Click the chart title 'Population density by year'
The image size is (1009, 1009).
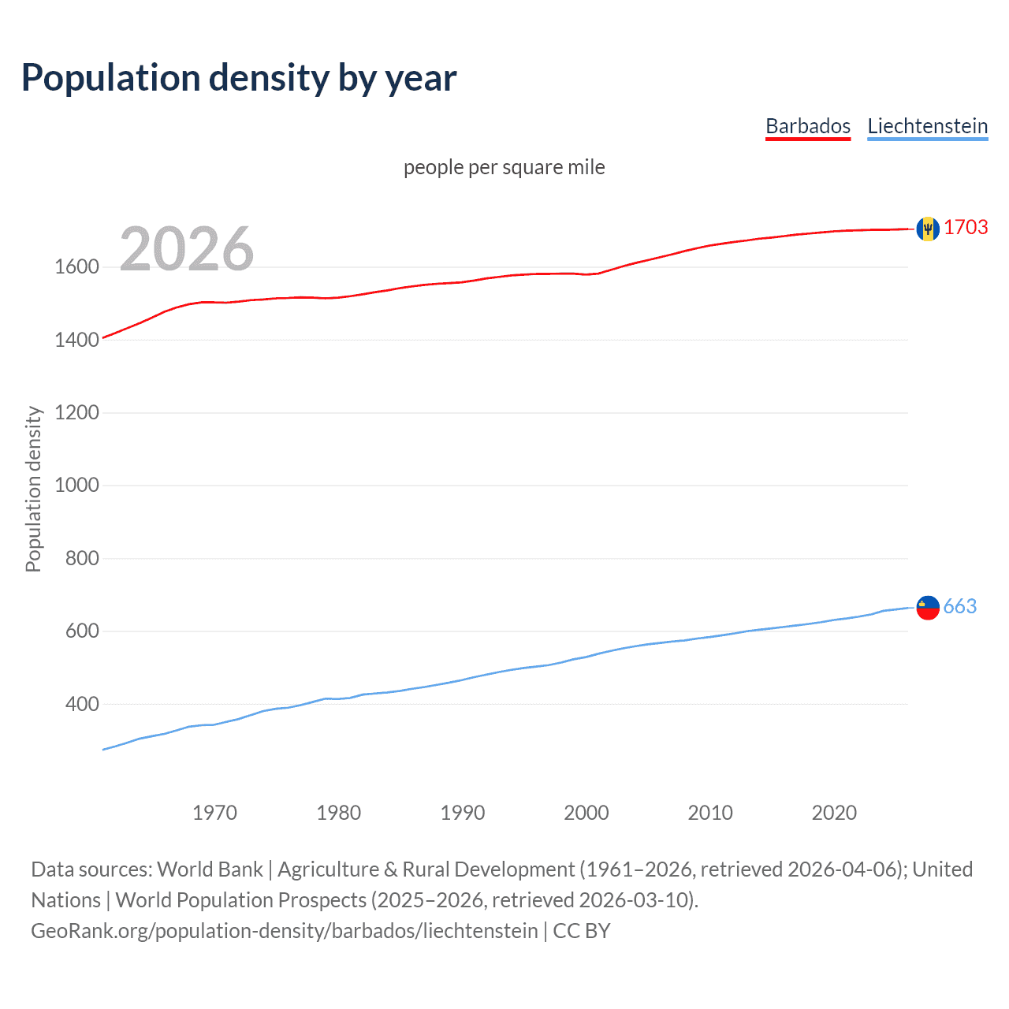click(x=239, y=78)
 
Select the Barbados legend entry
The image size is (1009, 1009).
click(x=808, y=126)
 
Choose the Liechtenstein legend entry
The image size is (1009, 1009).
click(x=927, y=126)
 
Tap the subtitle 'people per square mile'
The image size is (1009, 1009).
click(x=504, y=167)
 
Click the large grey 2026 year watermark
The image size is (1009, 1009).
click(x=187, y=249)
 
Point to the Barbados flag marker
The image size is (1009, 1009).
click(x=928, y=229)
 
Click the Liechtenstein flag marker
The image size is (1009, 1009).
click(x=928, y=607)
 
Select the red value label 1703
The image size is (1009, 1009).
click(x=966, y=228)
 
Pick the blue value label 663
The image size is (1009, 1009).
click(x=959, y=606)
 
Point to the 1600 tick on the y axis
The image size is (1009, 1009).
click(x=76, y=267)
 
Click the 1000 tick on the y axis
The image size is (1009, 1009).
click(x=76, y=486)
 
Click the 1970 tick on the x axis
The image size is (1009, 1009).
click(x=214, y=813)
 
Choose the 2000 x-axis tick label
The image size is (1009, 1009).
click(x=586, y=813)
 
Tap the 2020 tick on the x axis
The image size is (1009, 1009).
click(x=834, y=813)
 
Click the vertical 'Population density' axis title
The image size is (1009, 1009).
click(x=33, y=489)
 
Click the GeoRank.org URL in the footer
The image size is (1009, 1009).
click(x=284, y=931)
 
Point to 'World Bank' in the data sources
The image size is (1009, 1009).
click(x=210, y=869)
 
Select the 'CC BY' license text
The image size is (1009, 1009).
click(x=582, y=931)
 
